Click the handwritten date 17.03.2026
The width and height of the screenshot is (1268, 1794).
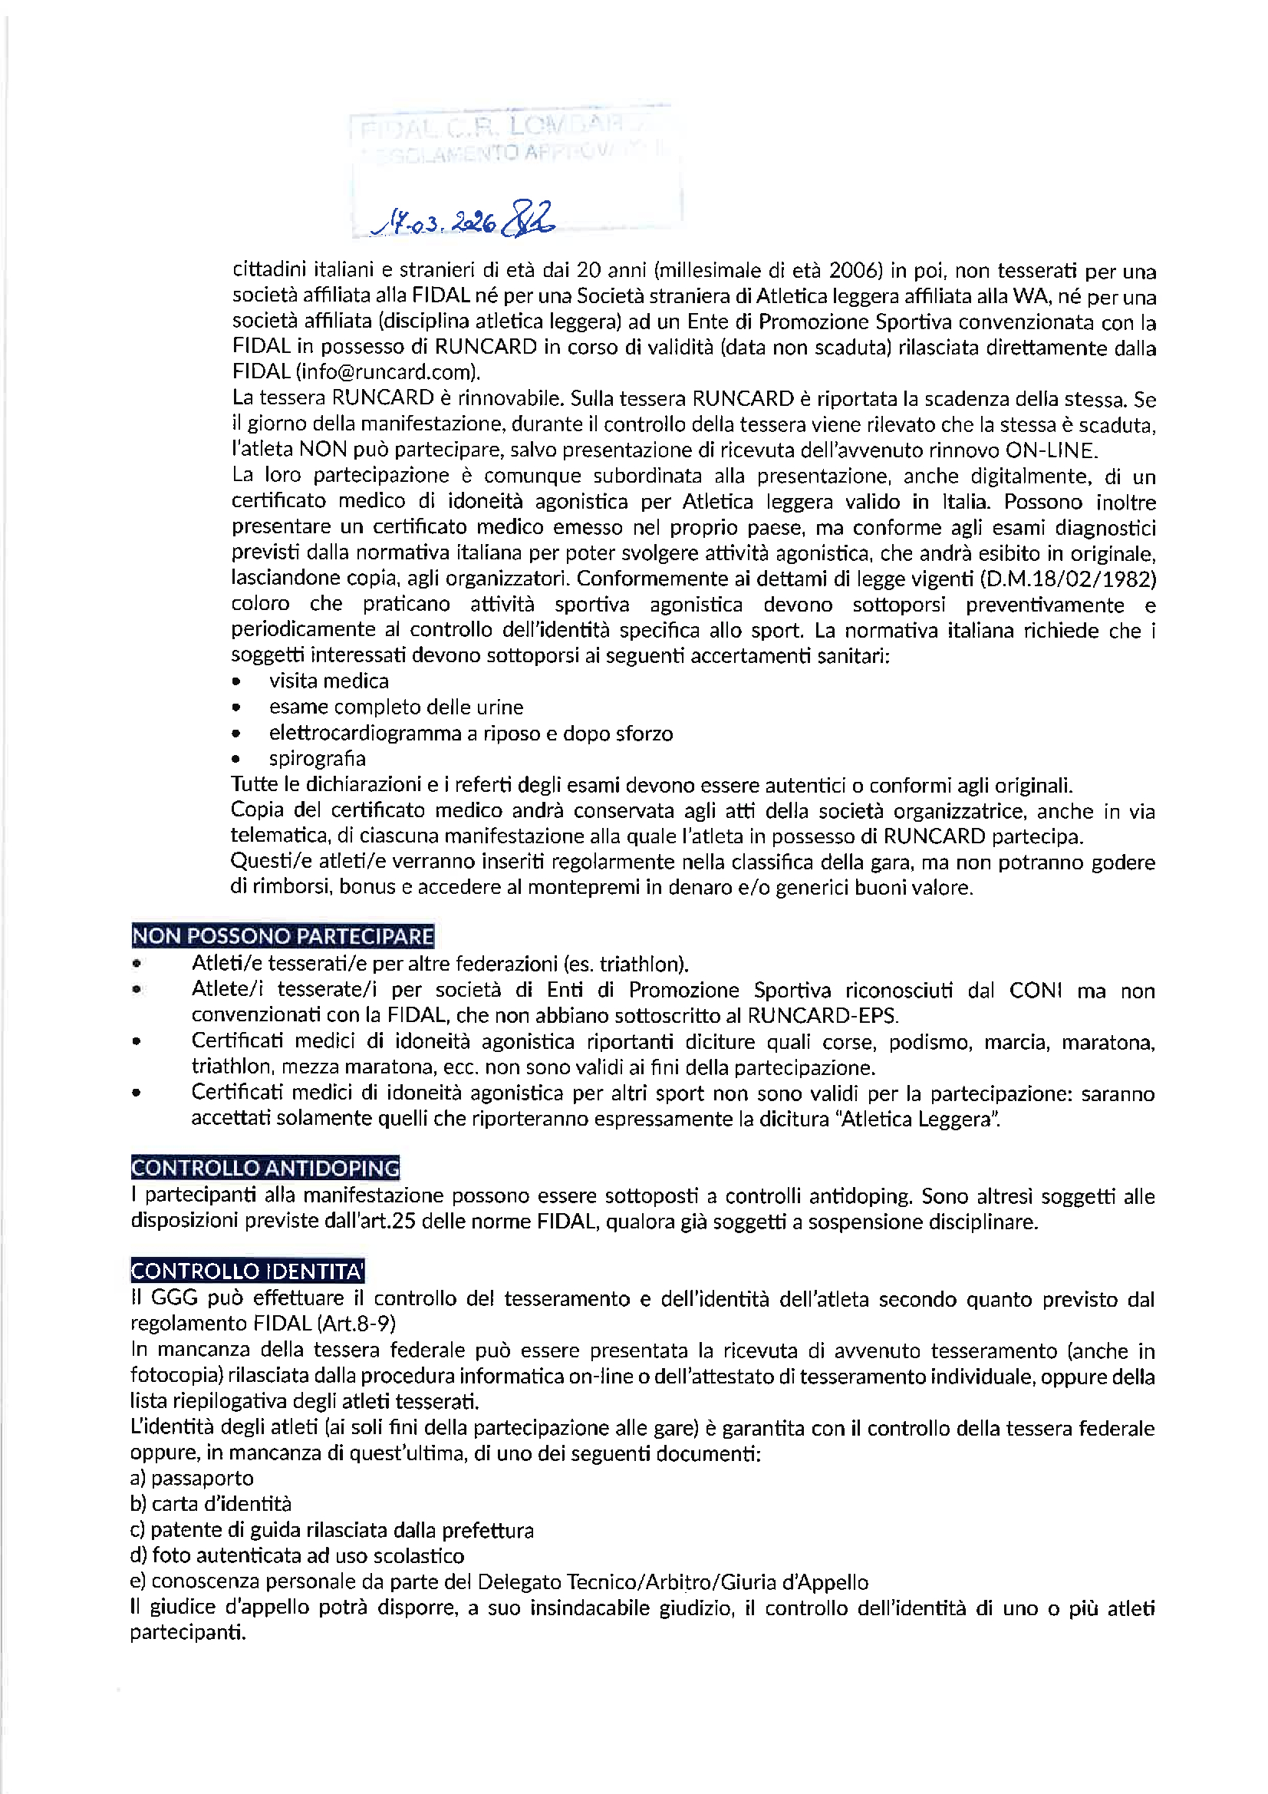pyautogui.click(x=436, y=223)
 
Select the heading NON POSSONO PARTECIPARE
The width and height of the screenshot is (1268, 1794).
pyautogui.click(x=283, y=936)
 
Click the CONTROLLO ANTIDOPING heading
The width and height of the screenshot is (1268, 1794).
pyautogui.click(x=265, y=1168)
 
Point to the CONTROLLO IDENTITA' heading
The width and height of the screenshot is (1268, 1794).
pyautogui.click(x=248, y=1271)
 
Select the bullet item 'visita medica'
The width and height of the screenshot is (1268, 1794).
pyautogui.click(x=329, y=681)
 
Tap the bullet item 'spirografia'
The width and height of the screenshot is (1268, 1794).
pyautogui.click(x=318, y=759)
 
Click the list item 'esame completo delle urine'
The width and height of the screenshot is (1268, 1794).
pyautogui.click(x=396, y=707)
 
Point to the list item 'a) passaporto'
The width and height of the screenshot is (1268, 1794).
pyautogui.click(x=193, y=1479)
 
